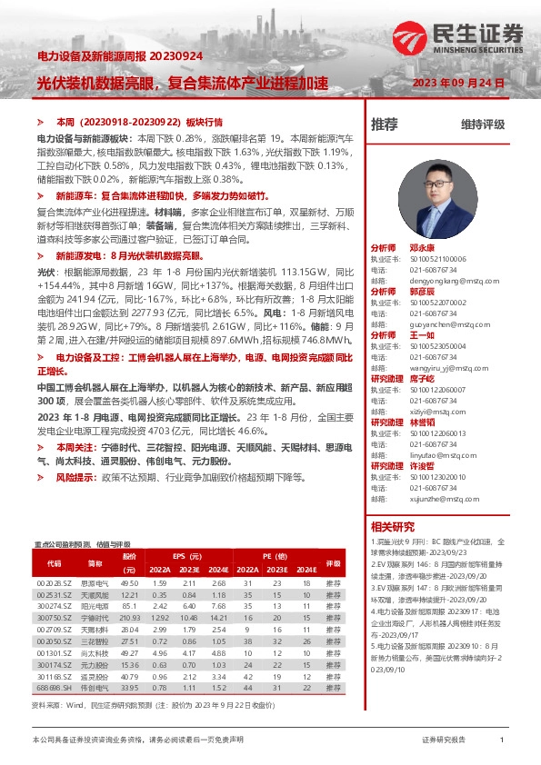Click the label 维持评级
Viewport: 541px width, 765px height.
[482, 124]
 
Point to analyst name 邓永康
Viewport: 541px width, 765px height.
[423, 247]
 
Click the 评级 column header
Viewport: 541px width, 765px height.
[333, 562]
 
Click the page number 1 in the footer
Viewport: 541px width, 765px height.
[503, 740]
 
